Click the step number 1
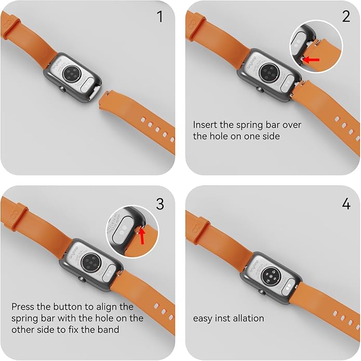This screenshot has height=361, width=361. click(159, 17)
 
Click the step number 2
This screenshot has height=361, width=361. click(346, 17)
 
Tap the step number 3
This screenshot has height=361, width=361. click(160, 204)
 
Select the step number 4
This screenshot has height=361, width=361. click(346, 204)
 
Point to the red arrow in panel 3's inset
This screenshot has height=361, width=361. click(142, 235)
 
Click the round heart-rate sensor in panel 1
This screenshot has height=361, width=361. click(72, 74)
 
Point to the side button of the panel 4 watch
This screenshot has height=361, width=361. click(262, 292)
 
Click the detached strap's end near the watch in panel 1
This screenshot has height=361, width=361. click(104, 99)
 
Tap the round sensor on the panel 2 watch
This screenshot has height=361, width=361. click(269, 71)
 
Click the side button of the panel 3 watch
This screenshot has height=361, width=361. click(82, 279)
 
